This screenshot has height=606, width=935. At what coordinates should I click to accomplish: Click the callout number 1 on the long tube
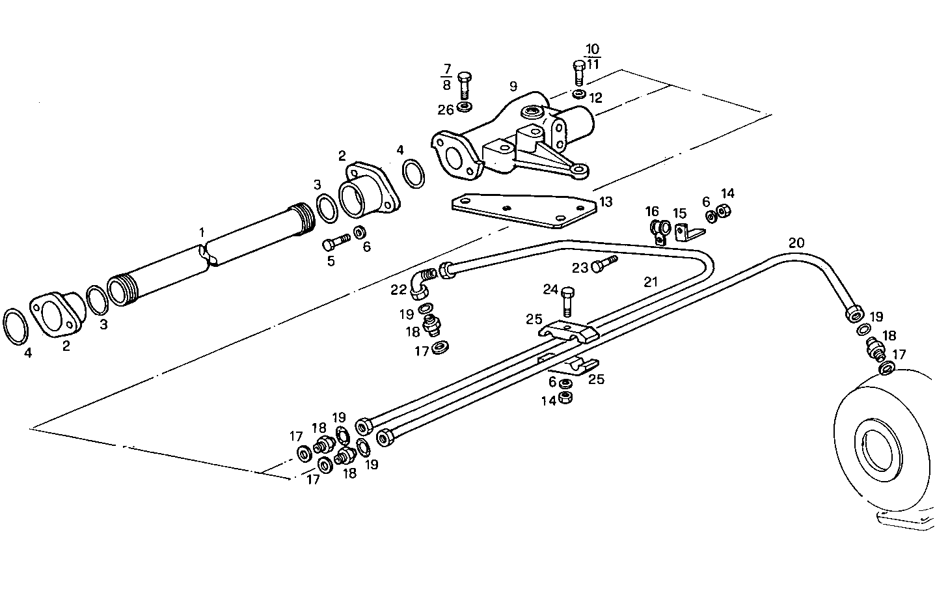pos(202,232)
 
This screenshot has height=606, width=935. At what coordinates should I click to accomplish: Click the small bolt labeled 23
pos(603,264)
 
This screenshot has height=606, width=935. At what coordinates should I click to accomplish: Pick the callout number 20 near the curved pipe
pos(796,243)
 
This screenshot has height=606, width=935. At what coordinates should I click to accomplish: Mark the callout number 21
pos(651,282)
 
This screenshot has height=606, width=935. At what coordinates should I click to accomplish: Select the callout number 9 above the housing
pos(513,86)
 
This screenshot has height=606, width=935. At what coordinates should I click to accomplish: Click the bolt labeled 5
pos(335,243)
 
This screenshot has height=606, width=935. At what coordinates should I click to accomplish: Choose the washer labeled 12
pos(578,94)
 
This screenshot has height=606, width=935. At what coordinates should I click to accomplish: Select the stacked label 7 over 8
pos(446,77)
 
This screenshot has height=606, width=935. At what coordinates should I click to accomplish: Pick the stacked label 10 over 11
pos(593,57)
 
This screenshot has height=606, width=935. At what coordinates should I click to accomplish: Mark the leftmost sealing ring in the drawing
pos(16,326)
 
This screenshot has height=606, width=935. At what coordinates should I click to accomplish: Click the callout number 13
pos(606,202)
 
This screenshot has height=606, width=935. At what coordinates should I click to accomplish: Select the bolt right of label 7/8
pos(465,84)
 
